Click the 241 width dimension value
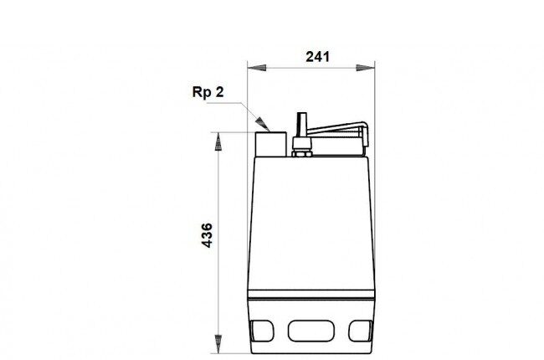(317, 57)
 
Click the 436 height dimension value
(207, 235)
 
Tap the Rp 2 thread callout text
(208, 92)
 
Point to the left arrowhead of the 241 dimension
(257, 68)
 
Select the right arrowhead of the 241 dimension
(366, 68)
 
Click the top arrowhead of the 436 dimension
(218, 141)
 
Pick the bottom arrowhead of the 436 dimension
(218, 344)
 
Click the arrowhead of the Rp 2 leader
(262, 124)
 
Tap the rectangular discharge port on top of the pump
(271, 144)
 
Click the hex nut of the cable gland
(302, 153)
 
